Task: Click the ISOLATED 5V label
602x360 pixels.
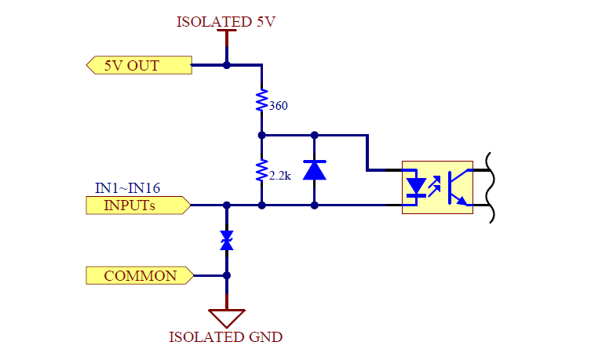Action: pyautogui.click(x=226, y=21)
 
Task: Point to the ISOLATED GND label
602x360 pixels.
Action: pyautogui.click(x=226, y=337)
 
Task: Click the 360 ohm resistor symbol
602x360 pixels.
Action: pyautogui.click(x=261, y=101)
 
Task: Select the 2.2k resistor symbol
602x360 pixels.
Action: pyautogui.click(x=261, y=171)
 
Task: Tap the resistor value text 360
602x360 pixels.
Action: pyautogui.click(x=278, y=105)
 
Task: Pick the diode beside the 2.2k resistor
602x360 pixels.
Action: pyautogui.click(x=314, y=170)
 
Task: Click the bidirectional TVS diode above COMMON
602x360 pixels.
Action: pyautogui.click(x=227, y=240)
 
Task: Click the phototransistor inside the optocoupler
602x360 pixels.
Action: pyautogui.click(x=456, y=187)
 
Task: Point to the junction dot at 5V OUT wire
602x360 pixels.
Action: pyautogui.click(x=227, y=65)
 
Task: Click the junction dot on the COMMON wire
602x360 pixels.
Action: pyautogui.click(x=227, y=275)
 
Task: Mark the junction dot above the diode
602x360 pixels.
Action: pyautogui.click(x=314, y=135)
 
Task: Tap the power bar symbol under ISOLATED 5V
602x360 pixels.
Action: pyautogui.click(x=226, y=33)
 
